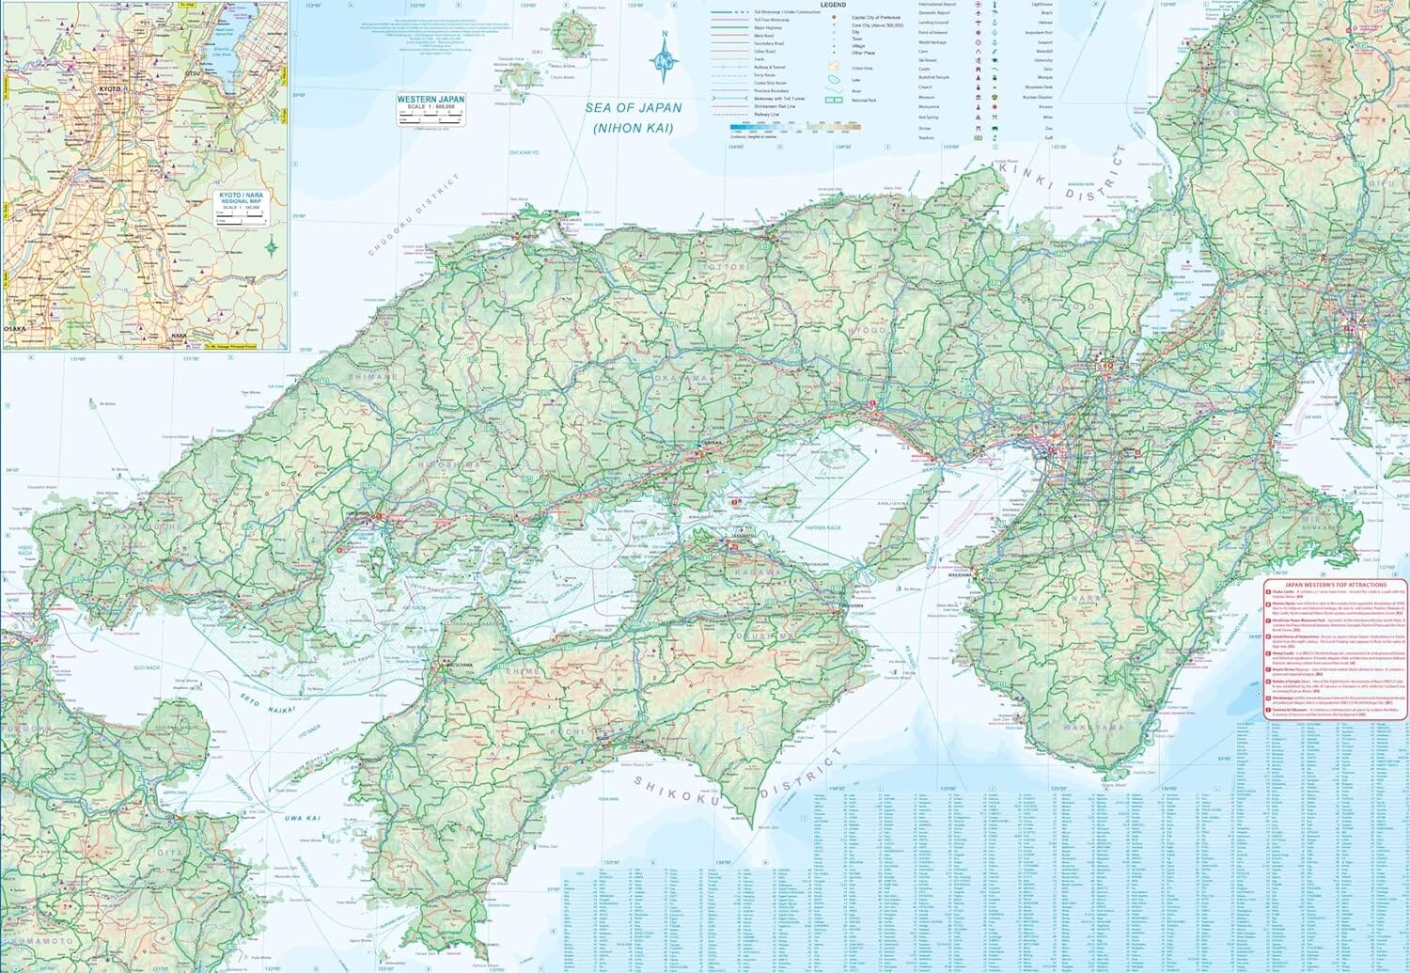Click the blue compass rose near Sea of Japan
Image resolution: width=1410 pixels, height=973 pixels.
coord(665,60)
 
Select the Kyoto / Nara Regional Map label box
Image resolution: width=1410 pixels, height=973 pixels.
coord(242,199)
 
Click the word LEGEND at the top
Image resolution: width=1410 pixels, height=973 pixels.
coord(833,5)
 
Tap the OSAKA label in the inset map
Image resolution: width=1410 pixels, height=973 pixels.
coord(16,328)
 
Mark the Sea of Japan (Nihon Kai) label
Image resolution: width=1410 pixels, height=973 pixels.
coord(633,117)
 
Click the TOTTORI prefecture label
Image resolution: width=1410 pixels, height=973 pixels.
coord(729,267)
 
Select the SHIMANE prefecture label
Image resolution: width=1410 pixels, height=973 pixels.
coord(373,376)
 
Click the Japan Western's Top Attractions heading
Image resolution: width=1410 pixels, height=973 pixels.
coord(1335,585)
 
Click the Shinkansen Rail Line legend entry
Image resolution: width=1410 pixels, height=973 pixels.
coord(775,106)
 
